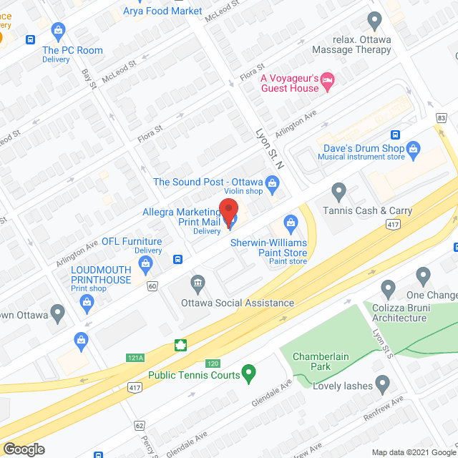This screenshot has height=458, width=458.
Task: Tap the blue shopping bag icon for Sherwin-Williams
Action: pyautogui.click(x=291, y=224)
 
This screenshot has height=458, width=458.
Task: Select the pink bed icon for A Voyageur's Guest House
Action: pyautogui.click(x=328, y=79)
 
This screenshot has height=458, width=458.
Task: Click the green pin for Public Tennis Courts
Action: pyautogui.click(x=248, y=372)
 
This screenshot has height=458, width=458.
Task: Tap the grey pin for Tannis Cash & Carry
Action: pyautogui.click(x=339, y=192)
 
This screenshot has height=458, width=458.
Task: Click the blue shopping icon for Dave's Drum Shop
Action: pyautogui.click(x=413, y=149)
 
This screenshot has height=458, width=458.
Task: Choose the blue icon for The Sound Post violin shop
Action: pyautogui.click(x=272, y=184)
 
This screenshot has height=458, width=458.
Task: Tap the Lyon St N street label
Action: pyautogui.click(x=271, y=148)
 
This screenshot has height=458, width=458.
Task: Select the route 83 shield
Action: pyautogui.click(x=441, y=117)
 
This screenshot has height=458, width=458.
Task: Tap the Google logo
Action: pyautogui.click(x=23, y=449)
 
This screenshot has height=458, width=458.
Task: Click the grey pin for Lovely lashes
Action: pyautogui.click(x=382, y=385)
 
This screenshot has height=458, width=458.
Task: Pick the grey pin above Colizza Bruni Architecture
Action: pyautogui.click(x=389, y=290)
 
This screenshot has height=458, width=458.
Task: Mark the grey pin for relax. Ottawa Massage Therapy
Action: pyautogui.click(x=374, y=21)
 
